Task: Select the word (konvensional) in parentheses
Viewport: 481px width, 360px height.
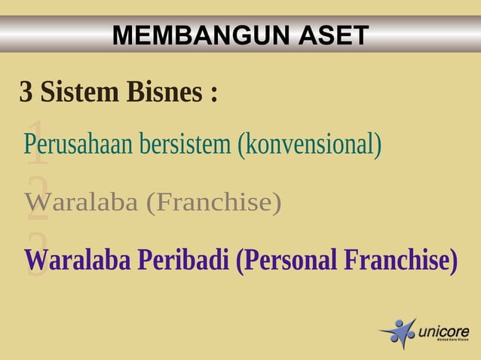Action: [x=309, y=144]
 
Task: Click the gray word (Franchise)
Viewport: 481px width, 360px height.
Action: [x=214, y=203]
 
